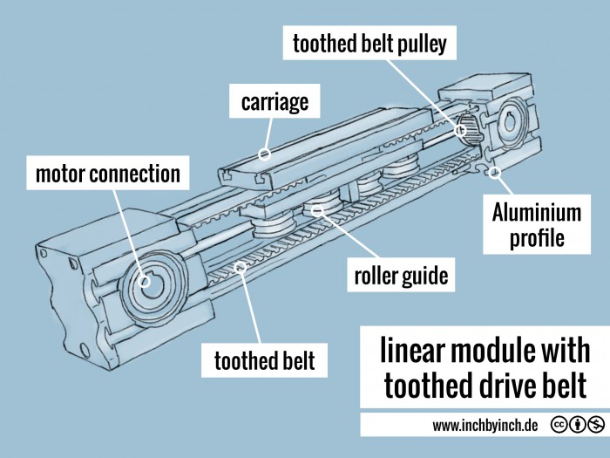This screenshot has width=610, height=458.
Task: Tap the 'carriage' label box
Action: click(275, 102)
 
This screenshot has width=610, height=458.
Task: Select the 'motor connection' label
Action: click(107, 174)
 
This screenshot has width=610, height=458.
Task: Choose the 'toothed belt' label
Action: click(265, 359)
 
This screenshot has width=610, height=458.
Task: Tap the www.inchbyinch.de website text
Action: click(485, 426)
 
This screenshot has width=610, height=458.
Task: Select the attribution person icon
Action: click(576, 426)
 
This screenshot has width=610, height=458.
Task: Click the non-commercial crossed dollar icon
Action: click(595, 426)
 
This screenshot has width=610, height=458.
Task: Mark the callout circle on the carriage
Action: click(263, 154)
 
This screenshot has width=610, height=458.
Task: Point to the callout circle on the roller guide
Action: click(318, 209)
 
